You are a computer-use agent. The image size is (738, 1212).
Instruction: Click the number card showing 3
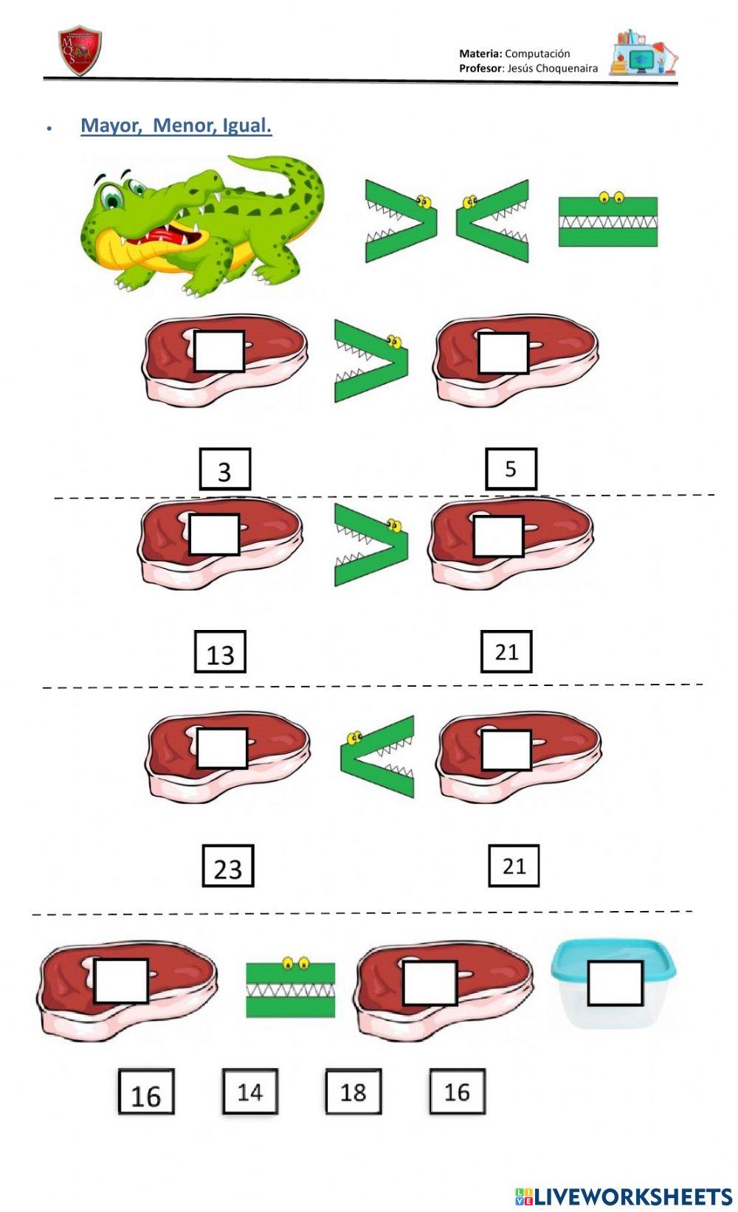224,469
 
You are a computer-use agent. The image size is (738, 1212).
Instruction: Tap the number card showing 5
511,468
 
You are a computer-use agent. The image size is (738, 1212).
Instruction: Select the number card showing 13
220,652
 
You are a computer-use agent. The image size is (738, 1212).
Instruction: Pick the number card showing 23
227,866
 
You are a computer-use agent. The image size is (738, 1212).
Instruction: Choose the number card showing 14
250,1092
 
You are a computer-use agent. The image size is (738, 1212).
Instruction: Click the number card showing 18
354,1092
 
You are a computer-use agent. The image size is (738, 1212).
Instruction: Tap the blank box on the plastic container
615,983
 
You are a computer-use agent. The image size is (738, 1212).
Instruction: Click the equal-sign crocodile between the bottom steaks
290,988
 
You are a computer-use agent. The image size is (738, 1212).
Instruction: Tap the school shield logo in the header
79,52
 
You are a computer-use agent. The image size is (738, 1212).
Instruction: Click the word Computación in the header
537,53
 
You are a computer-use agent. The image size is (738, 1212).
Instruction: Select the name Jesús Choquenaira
553,68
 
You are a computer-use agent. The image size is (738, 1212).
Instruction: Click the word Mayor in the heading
111,125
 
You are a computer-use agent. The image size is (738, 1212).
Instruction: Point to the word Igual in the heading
246,125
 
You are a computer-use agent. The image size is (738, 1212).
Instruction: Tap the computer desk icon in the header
642,53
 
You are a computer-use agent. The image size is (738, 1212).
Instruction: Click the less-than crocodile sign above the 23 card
377,756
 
